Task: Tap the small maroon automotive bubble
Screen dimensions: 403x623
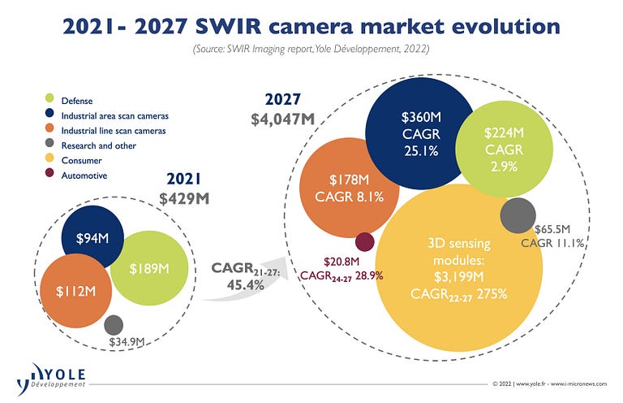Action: click(x=365, y=241)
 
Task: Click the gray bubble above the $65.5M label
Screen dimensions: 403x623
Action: click(x=517, y=215)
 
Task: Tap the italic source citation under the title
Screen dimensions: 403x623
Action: click(x=311, y=50)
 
